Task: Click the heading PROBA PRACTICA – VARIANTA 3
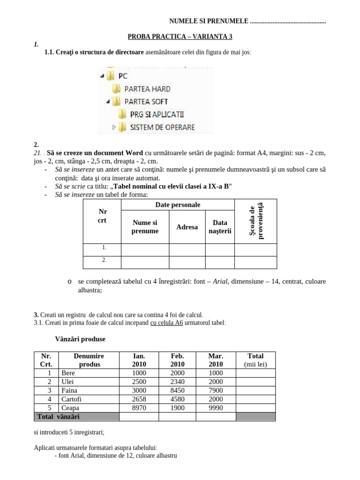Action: (x=180, y=37)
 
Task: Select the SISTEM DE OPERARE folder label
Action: (x=162, y=127)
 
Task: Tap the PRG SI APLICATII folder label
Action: (x=157, y=114)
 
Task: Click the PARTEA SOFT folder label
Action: (x=146, y=101)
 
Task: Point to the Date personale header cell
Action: (x=178, y=205)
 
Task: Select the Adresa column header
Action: (x=187, y=227)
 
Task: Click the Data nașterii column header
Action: (x=220, y=227)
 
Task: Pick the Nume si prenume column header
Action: (x=145, y=227)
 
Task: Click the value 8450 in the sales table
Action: (x=178, y=390)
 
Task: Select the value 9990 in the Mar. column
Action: (x=216, y=408)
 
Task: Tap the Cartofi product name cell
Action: (x=71, y=399)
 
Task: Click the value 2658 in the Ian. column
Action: (x=139, y=399)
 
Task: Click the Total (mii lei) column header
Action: (x=255, y=360)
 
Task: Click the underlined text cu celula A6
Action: (x=166, y=323)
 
